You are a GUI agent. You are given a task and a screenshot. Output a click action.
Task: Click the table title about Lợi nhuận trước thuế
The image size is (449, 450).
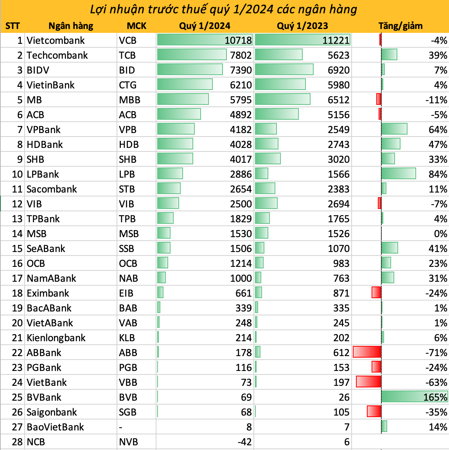(x=223, y=9)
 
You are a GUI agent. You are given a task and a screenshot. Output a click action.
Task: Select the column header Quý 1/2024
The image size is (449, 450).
(x=205, y=26)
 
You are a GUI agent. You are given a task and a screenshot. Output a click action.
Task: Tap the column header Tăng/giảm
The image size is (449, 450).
(x=400, y=26)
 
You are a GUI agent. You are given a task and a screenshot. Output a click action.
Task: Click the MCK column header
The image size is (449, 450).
(x=136, y=26)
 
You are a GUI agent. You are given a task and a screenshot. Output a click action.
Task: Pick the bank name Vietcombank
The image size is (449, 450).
(x=56, y=40)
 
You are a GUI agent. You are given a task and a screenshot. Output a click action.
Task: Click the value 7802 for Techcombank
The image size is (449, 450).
(x=241, y=55)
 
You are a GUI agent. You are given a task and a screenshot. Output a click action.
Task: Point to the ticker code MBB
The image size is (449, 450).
(x=129, y=100)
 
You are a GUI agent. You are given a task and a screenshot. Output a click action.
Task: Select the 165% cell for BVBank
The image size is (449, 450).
(x=435, y=397)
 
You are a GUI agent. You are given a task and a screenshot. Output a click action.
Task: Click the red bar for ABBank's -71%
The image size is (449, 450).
(x=367, y=352)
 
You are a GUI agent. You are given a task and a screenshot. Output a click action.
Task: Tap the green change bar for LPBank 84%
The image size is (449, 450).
(x=398, y=174)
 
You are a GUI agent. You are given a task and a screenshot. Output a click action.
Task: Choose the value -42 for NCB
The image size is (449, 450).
(x=244, y=442)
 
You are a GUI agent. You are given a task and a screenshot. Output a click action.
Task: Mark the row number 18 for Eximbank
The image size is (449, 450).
(x=17, y=293)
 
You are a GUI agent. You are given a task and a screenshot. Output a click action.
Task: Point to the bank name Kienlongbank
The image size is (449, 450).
(x=56, y=338)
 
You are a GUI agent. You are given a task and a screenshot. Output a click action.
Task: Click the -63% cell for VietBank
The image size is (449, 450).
(x=436, y=382)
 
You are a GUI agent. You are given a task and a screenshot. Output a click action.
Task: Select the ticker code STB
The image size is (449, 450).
(x=127, y=189)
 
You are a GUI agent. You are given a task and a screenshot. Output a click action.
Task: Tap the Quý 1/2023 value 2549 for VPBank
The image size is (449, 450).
(x=338, y=130)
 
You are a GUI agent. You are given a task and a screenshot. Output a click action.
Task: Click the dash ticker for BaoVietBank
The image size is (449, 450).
(x=121, y=427)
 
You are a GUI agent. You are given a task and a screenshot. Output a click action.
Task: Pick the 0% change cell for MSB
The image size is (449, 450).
(x=440, y=234)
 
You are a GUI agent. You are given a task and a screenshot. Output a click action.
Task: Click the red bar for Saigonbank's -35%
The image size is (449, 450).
(x=374, y=412)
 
